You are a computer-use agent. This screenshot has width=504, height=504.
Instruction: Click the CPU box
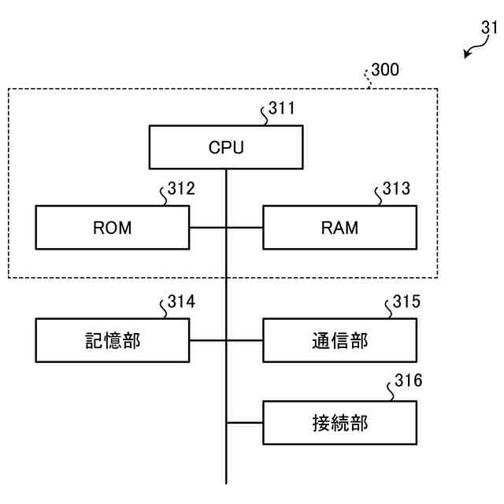click(x=226, y=147)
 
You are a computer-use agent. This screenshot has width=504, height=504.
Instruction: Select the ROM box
click(x=113, y=228)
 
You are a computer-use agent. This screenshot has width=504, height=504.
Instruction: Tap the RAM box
click(x=339, y=228)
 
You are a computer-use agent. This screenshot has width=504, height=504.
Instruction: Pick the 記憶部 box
click(x=113, y=340)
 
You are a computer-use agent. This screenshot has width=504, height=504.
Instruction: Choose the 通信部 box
click(x=339, y=340)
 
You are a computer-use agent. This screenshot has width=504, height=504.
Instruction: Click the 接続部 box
click(x=339, y=423)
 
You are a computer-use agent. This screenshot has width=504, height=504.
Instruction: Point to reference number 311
click(x=282, y=109)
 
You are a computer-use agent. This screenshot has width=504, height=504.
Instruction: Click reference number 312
click(x=181, y=189)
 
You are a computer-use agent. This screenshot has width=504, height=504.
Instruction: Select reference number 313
click(x=396, y=189)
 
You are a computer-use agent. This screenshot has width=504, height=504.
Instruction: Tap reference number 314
click(x=181, y=302)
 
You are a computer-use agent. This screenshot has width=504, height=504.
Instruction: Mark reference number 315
click(x=406, y=302)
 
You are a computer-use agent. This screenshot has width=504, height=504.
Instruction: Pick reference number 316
click(x=407, y=381)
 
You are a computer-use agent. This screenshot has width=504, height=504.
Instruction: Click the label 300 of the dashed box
click(x=385, y=70)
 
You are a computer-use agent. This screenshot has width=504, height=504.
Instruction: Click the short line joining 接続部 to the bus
click(x=244, y=423)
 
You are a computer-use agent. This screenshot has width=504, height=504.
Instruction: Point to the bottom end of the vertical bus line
click(x=226, y=482)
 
